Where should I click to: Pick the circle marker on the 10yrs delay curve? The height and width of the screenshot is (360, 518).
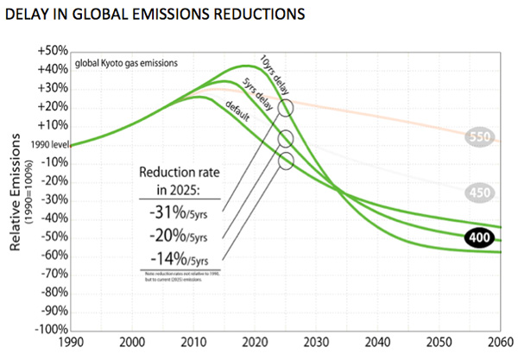[x=287, y=108]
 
